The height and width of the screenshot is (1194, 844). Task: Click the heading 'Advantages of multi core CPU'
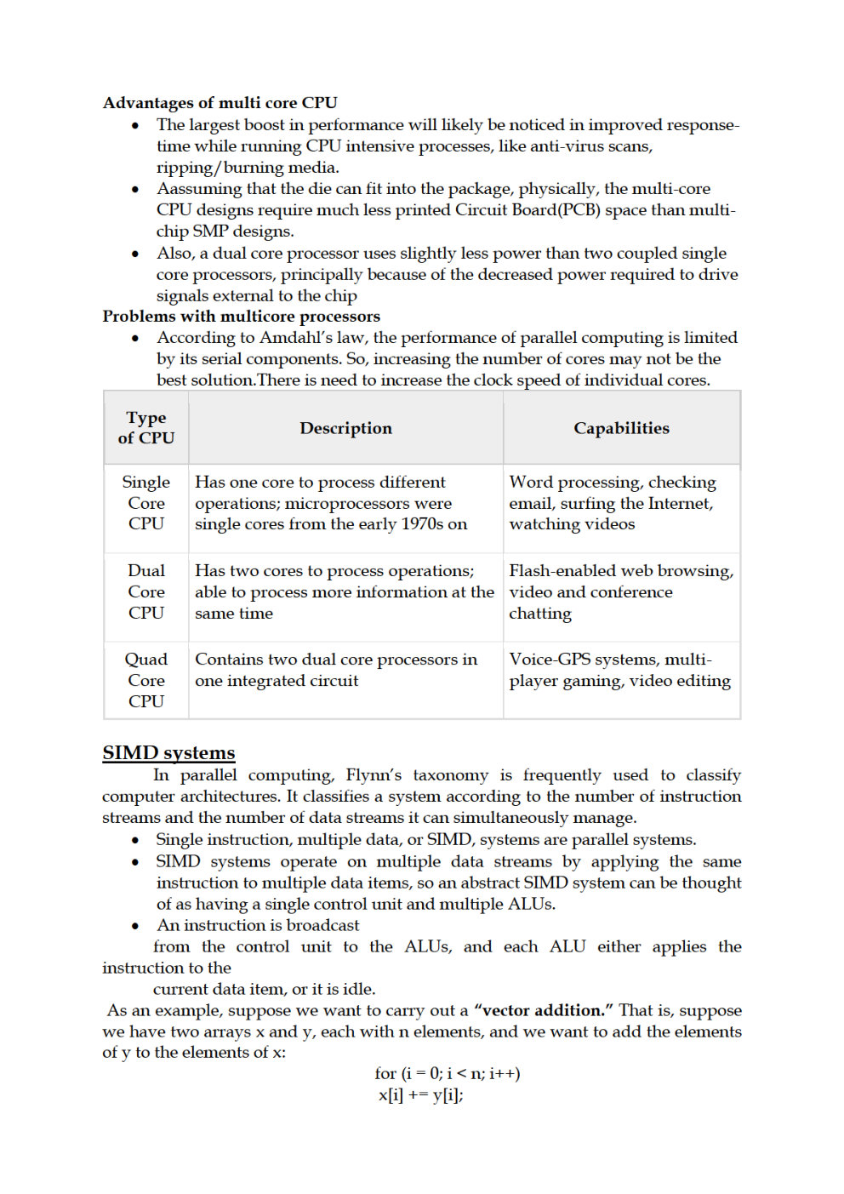220,103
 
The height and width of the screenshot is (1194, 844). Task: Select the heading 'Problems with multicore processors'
242,317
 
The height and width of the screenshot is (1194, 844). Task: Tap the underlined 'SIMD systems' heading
168,753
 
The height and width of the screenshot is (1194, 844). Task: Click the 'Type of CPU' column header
146,428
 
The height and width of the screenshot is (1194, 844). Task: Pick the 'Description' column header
345,428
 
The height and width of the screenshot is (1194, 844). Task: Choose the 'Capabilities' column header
621,428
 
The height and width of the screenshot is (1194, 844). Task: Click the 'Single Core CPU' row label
146,503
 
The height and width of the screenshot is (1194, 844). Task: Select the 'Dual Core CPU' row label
146,591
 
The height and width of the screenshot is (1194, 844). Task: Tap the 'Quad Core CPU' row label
146,680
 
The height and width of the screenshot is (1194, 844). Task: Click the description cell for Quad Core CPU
335,670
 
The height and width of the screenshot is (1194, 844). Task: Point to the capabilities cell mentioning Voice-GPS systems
619,670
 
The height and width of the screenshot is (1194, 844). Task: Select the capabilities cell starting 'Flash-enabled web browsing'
620,591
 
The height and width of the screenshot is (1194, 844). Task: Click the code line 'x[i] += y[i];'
421,1095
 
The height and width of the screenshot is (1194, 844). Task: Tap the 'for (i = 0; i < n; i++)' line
448,1074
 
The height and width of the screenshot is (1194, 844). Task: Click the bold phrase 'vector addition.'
544,1010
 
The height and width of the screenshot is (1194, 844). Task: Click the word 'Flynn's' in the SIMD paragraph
374,775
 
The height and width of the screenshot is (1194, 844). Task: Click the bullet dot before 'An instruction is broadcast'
135,926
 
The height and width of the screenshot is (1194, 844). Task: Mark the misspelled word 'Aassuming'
199,189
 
